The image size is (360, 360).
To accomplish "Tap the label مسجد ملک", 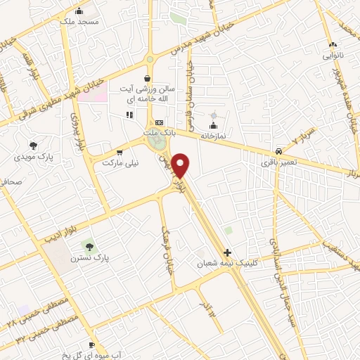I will pyautogui.click(x=82, y=22).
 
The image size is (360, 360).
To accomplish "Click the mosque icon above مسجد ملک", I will pyautogui.click(x=79, y=11).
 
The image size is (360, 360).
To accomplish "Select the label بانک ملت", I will pyautogui.click(x=158, y=132).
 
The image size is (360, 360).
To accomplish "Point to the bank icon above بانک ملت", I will pyautogui.click(x=158, y=123).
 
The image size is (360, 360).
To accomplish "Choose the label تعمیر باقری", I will pyautogui.click(x=278, y=162).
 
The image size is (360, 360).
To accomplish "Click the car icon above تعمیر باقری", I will pyautogui.click(x=279, y=151).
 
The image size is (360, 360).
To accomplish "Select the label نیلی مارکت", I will pyautogui.click(x=121, y=162).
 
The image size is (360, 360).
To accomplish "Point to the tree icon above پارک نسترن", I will pyautogui.click(x=89, y=245).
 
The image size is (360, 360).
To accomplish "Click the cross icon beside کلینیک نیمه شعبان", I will pyautogui.click(x=226, y=252).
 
